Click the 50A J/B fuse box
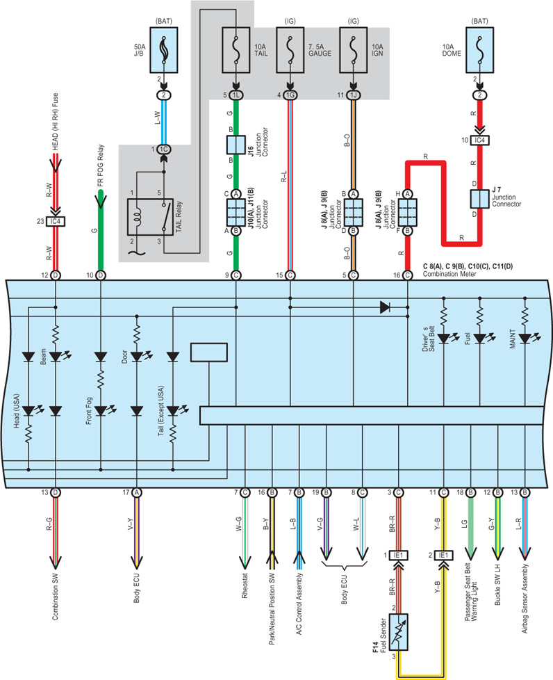tap(164, 50)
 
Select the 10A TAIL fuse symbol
tap(236, 50)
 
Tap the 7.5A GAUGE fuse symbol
tap(290, 50)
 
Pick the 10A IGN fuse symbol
tap(353, 50)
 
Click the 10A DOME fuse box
tap(480, 50)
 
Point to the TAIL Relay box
tap(150, 217)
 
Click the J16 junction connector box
tap(236, 145)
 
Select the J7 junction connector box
tap(480, 199)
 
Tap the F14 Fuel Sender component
tap(399, 632)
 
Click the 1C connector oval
tap(163, 149)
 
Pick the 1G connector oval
tap(290, 95)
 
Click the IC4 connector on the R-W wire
tap(56, 222)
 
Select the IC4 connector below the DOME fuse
tap(480, 140)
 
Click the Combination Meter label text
tap(449, 274)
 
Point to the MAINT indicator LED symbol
tap(525, 339)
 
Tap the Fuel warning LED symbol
tap(480, 339)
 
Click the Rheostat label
tap(245, 586)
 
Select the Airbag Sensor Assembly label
tap(525, 599)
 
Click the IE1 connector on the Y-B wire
tap(444, 556)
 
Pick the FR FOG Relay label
tap(101, 165)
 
